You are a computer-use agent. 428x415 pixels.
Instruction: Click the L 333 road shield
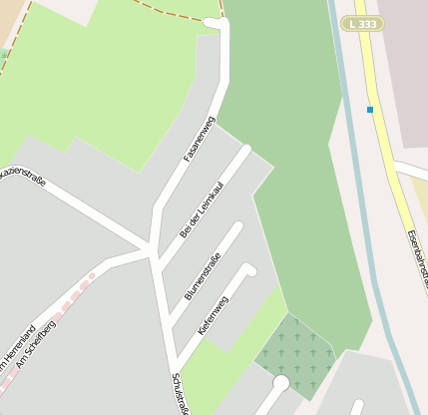362,23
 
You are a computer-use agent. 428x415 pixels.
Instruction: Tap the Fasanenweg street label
199,140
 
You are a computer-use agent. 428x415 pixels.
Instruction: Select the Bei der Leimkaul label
202,209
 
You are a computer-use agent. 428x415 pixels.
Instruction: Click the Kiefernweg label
213,314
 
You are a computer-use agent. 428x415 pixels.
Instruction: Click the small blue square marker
370,109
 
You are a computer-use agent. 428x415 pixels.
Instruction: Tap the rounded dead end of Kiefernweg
249,269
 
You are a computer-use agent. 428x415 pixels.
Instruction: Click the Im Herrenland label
12,354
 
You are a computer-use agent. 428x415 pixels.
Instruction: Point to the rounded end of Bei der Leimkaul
244,152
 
